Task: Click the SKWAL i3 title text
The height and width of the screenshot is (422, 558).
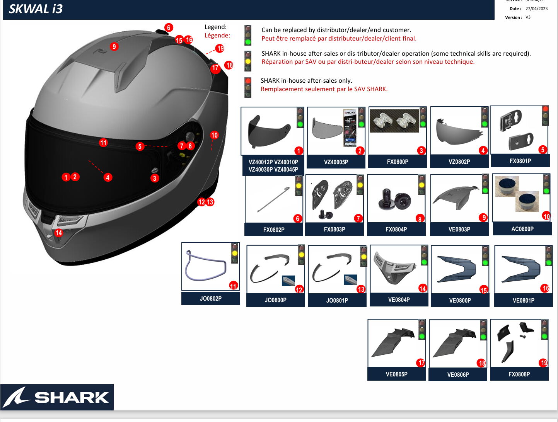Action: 36,9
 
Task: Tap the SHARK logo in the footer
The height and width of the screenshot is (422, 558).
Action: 57,397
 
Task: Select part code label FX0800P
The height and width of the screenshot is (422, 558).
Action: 398,162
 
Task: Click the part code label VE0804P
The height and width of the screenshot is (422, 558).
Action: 399,299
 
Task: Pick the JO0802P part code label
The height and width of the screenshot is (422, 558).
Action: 211,298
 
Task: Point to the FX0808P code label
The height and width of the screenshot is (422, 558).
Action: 519,374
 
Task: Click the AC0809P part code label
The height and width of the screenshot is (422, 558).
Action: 522,229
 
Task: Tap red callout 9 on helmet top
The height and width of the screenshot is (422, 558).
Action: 114,47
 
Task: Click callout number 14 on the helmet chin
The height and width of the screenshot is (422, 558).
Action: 59,233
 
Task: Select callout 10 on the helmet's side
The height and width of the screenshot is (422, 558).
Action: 214,135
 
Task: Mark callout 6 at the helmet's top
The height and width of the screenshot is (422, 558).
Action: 169,28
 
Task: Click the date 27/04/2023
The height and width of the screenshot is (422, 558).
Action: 536,9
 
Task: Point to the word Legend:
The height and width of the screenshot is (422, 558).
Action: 215,27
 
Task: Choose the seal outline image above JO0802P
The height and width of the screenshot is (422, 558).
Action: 205,266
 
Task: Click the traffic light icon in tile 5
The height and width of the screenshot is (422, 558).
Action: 545,116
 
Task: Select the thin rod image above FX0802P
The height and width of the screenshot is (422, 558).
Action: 273,199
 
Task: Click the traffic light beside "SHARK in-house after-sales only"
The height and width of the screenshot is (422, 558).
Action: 248,88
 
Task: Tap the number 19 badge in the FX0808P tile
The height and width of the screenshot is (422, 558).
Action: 544,362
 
